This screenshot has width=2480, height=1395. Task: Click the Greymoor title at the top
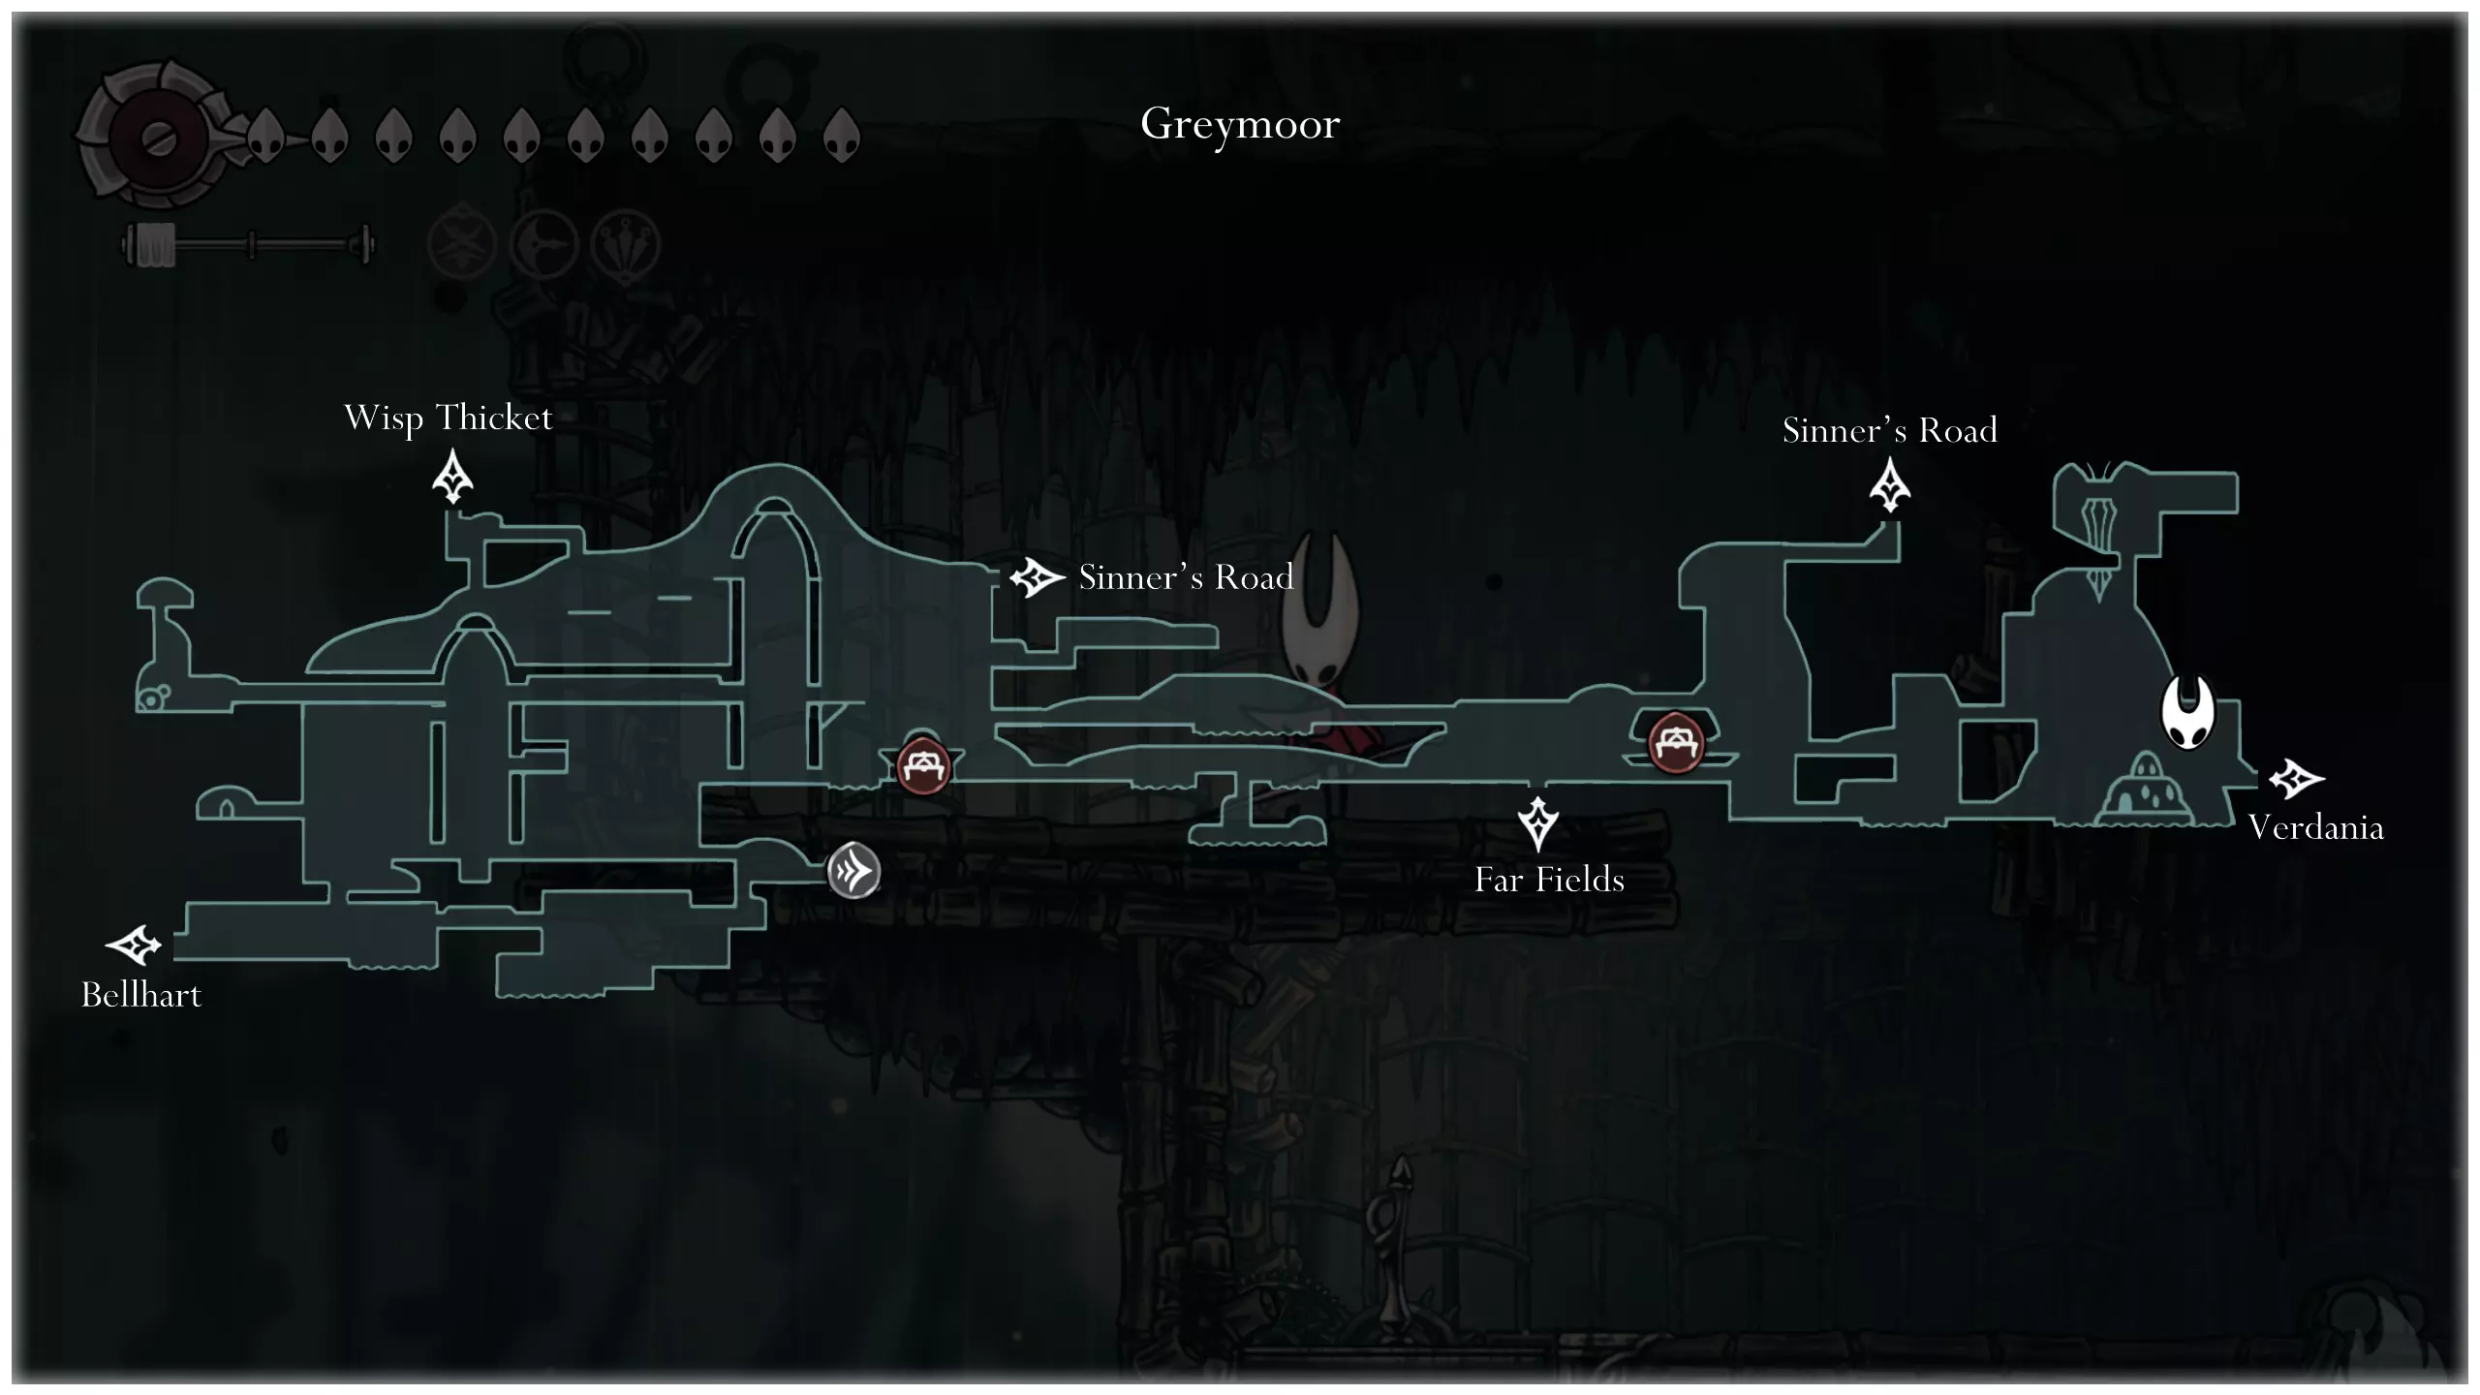pyautogui.click(x=1240, y=124)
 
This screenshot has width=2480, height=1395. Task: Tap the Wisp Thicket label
pyautogui.click(x=448, y=418)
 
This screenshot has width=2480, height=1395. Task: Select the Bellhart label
pyautogui.click(x=141, y=995)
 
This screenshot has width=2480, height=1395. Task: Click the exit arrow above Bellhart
pyautogui.click(x=134, y=945)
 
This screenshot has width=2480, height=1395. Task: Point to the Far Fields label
pyautogui.click(x=1549, y=880)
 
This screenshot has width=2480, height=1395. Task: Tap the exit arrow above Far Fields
pyautogui.click(x=1537, y=823)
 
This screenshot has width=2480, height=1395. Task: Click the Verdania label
pyautogui.click(x=2315, y=827)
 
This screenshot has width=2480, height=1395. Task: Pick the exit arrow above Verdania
pyautogui.click(x=2295, y=778)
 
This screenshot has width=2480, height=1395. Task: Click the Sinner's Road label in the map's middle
pyautogui.click(x=1186, y=577)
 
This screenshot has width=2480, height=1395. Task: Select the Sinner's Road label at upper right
pyautogui.click(x=1889, y=430)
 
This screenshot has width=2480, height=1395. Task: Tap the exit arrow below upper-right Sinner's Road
pyautogui.click(x=1889, y=484)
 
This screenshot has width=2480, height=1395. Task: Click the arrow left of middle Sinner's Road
pyautogui.click(x=1037, y=578)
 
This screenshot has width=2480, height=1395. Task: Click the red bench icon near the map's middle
pyautogui.click(x=922, y=766)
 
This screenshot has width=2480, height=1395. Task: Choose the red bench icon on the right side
pyautogui.click(x=1675, y=743)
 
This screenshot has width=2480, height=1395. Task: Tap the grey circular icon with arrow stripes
pyautogui.click(x=853, y=871)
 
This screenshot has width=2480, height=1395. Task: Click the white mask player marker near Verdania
pyautogui.click(x=2187, y=712)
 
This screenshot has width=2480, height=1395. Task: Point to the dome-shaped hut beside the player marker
pyautogui.click(x=2146, y=790)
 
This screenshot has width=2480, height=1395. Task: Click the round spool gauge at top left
pyautogui.click(x=155, y=137)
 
